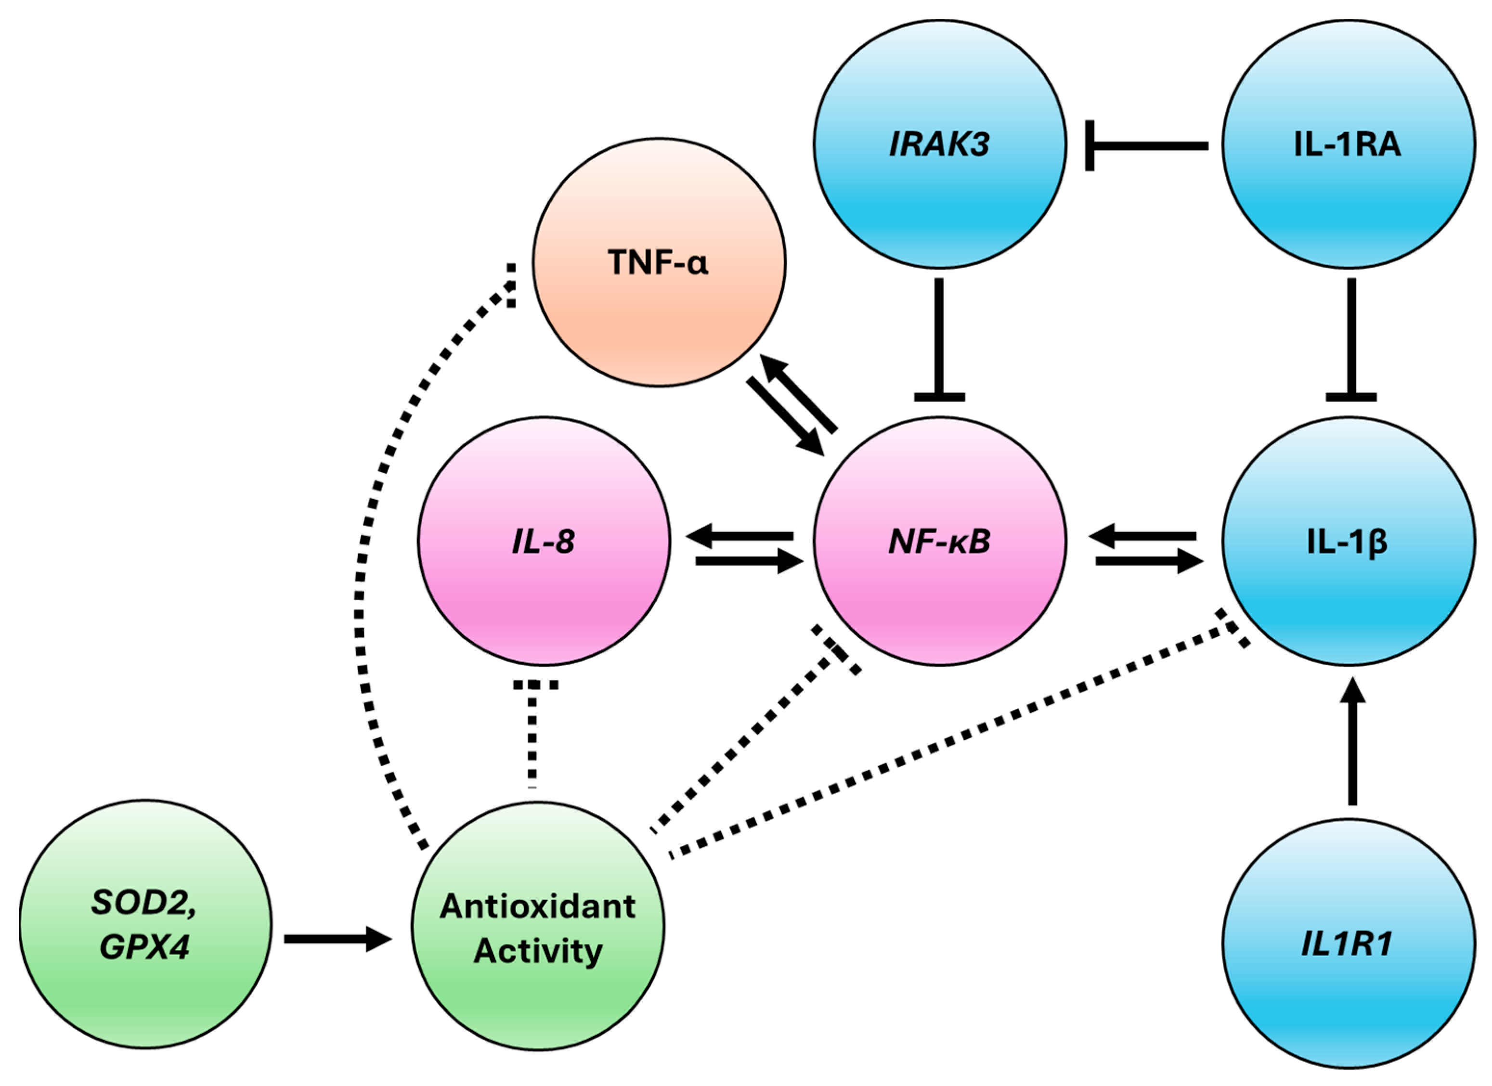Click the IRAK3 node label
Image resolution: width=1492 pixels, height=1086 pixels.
[939, 144]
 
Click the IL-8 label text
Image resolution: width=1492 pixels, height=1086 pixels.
[544, 542]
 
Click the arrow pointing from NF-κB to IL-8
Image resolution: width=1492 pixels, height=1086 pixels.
[740, 537]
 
